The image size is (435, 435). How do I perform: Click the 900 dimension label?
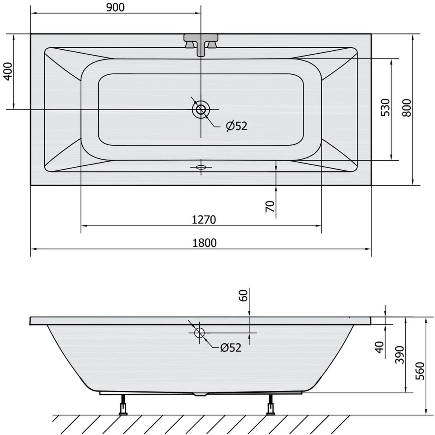point(115,8)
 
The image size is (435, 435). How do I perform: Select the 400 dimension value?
point(8,71)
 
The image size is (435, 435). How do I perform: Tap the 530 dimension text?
point(385,107)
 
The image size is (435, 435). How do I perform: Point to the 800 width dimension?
point(407,108)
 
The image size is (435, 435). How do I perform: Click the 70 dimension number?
point(270,206)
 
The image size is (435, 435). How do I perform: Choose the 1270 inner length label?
point(204,220)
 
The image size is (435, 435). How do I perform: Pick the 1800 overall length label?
point(204,243)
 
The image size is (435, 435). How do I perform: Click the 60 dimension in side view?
point(243,295)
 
